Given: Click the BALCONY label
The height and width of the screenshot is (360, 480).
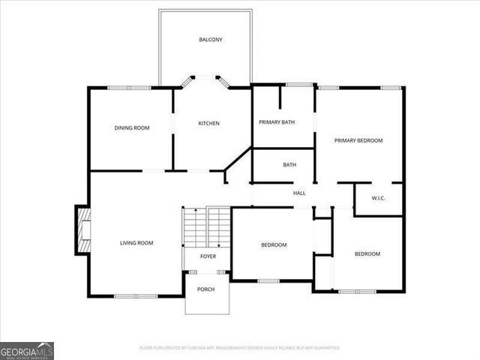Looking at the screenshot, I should point(211,40).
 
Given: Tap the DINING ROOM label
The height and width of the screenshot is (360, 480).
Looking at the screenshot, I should point(132,128).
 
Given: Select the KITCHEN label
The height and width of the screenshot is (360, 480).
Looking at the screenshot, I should point(208,124).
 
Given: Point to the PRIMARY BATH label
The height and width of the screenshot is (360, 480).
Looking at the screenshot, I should point(277,122).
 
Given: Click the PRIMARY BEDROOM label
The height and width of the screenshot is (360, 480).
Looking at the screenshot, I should point(358,140).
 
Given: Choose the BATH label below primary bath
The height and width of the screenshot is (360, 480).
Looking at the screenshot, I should point(289,165).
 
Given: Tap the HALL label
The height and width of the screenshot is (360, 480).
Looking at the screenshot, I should point(299,193).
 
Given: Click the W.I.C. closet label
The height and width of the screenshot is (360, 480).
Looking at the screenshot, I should point(379,198).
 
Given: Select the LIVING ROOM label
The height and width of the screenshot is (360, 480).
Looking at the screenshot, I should point(136,243).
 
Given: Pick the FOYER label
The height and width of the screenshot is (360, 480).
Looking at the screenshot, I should point(208,256).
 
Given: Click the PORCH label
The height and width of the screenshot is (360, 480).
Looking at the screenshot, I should point(206,289).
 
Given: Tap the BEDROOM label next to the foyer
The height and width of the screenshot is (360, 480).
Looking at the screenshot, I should point(274,245).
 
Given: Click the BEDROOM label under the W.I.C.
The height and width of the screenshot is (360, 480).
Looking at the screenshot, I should point(367,254).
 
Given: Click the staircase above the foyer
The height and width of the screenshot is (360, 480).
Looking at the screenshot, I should point(207,227).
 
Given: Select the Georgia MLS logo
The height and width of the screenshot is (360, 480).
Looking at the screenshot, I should point(27,351).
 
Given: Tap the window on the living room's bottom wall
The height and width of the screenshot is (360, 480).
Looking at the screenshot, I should point(136,295).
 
